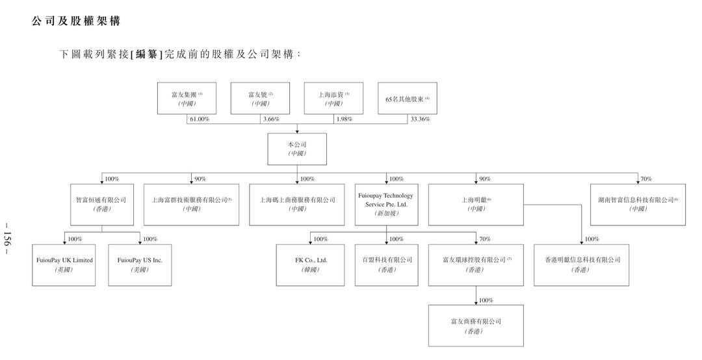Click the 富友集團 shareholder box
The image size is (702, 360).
click(x=187, y=99)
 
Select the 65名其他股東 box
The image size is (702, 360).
click(x=407, y=99)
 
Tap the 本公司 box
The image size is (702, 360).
click(x=296, y=149)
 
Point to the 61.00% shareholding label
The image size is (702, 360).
click(x=199, y=120)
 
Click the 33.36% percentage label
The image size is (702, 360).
click(x=420, y=120)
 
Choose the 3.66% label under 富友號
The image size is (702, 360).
click(x=272, y=120)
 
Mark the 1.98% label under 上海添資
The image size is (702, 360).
click(x=345, y=120)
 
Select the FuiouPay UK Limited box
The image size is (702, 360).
click(x=64, y=264)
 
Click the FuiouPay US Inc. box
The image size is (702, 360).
click(x=140, y=264)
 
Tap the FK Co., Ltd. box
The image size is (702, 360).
click(x=311, y=264)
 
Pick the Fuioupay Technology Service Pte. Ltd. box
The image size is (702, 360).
click(x=385, y=204)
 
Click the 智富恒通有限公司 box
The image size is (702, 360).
click(x=101, y=204)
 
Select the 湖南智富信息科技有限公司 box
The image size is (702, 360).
click(x=638, y=204)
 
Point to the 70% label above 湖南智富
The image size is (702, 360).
click(x=646, y=179)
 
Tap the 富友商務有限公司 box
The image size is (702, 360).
click(x=475, y=326)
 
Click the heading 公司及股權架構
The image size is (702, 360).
click(x=76, y=21)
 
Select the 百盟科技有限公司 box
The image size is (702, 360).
click(x=387, y=264)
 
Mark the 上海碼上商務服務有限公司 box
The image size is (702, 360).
click(x=297, y=204)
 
